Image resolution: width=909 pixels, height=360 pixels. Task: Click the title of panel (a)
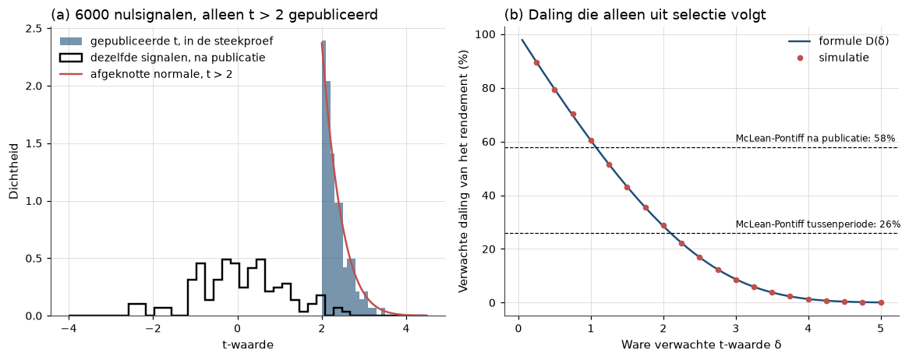[x=214, y=15]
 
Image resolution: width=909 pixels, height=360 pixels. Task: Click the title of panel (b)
[x=635, y=15]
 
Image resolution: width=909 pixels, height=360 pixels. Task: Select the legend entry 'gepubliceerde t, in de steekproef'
[x=166, y=41]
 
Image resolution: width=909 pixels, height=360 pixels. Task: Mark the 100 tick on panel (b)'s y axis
[x=486, y=35]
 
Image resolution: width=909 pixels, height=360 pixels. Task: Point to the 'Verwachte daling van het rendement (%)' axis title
[x=463, y=171]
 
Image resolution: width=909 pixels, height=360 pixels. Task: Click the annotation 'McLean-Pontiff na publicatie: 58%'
[x=815, y=138]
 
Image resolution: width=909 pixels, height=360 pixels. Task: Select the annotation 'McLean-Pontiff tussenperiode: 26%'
[x=818, y=224]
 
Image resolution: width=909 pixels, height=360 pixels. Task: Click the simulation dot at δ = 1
[x=591, y=141]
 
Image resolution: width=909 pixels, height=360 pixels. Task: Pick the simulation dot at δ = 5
[x=881, y=302]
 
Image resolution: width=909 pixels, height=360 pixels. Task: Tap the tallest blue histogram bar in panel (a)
[x=324, y=178]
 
